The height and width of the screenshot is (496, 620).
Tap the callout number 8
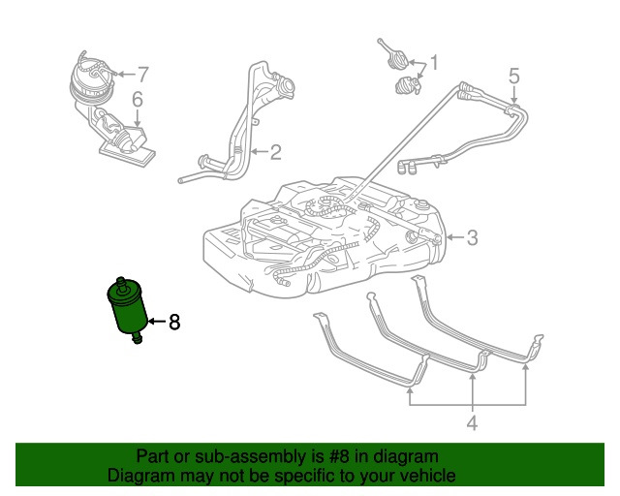click(x=175, y=323)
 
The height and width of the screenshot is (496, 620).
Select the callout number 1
click(x=434, y=64)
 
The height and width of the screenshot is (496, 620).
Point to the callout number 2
click(x=275, y=151)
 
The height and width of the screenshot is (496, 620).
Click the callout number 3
click(x=513, y=76)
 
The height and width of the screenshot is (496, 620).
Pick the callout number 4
click(x=137, y=99)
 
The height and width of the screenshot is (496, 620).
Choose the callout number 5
click(x=142, y=73)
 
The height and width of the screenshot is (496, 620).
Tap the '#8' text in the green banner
click(x=333, y=456)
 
